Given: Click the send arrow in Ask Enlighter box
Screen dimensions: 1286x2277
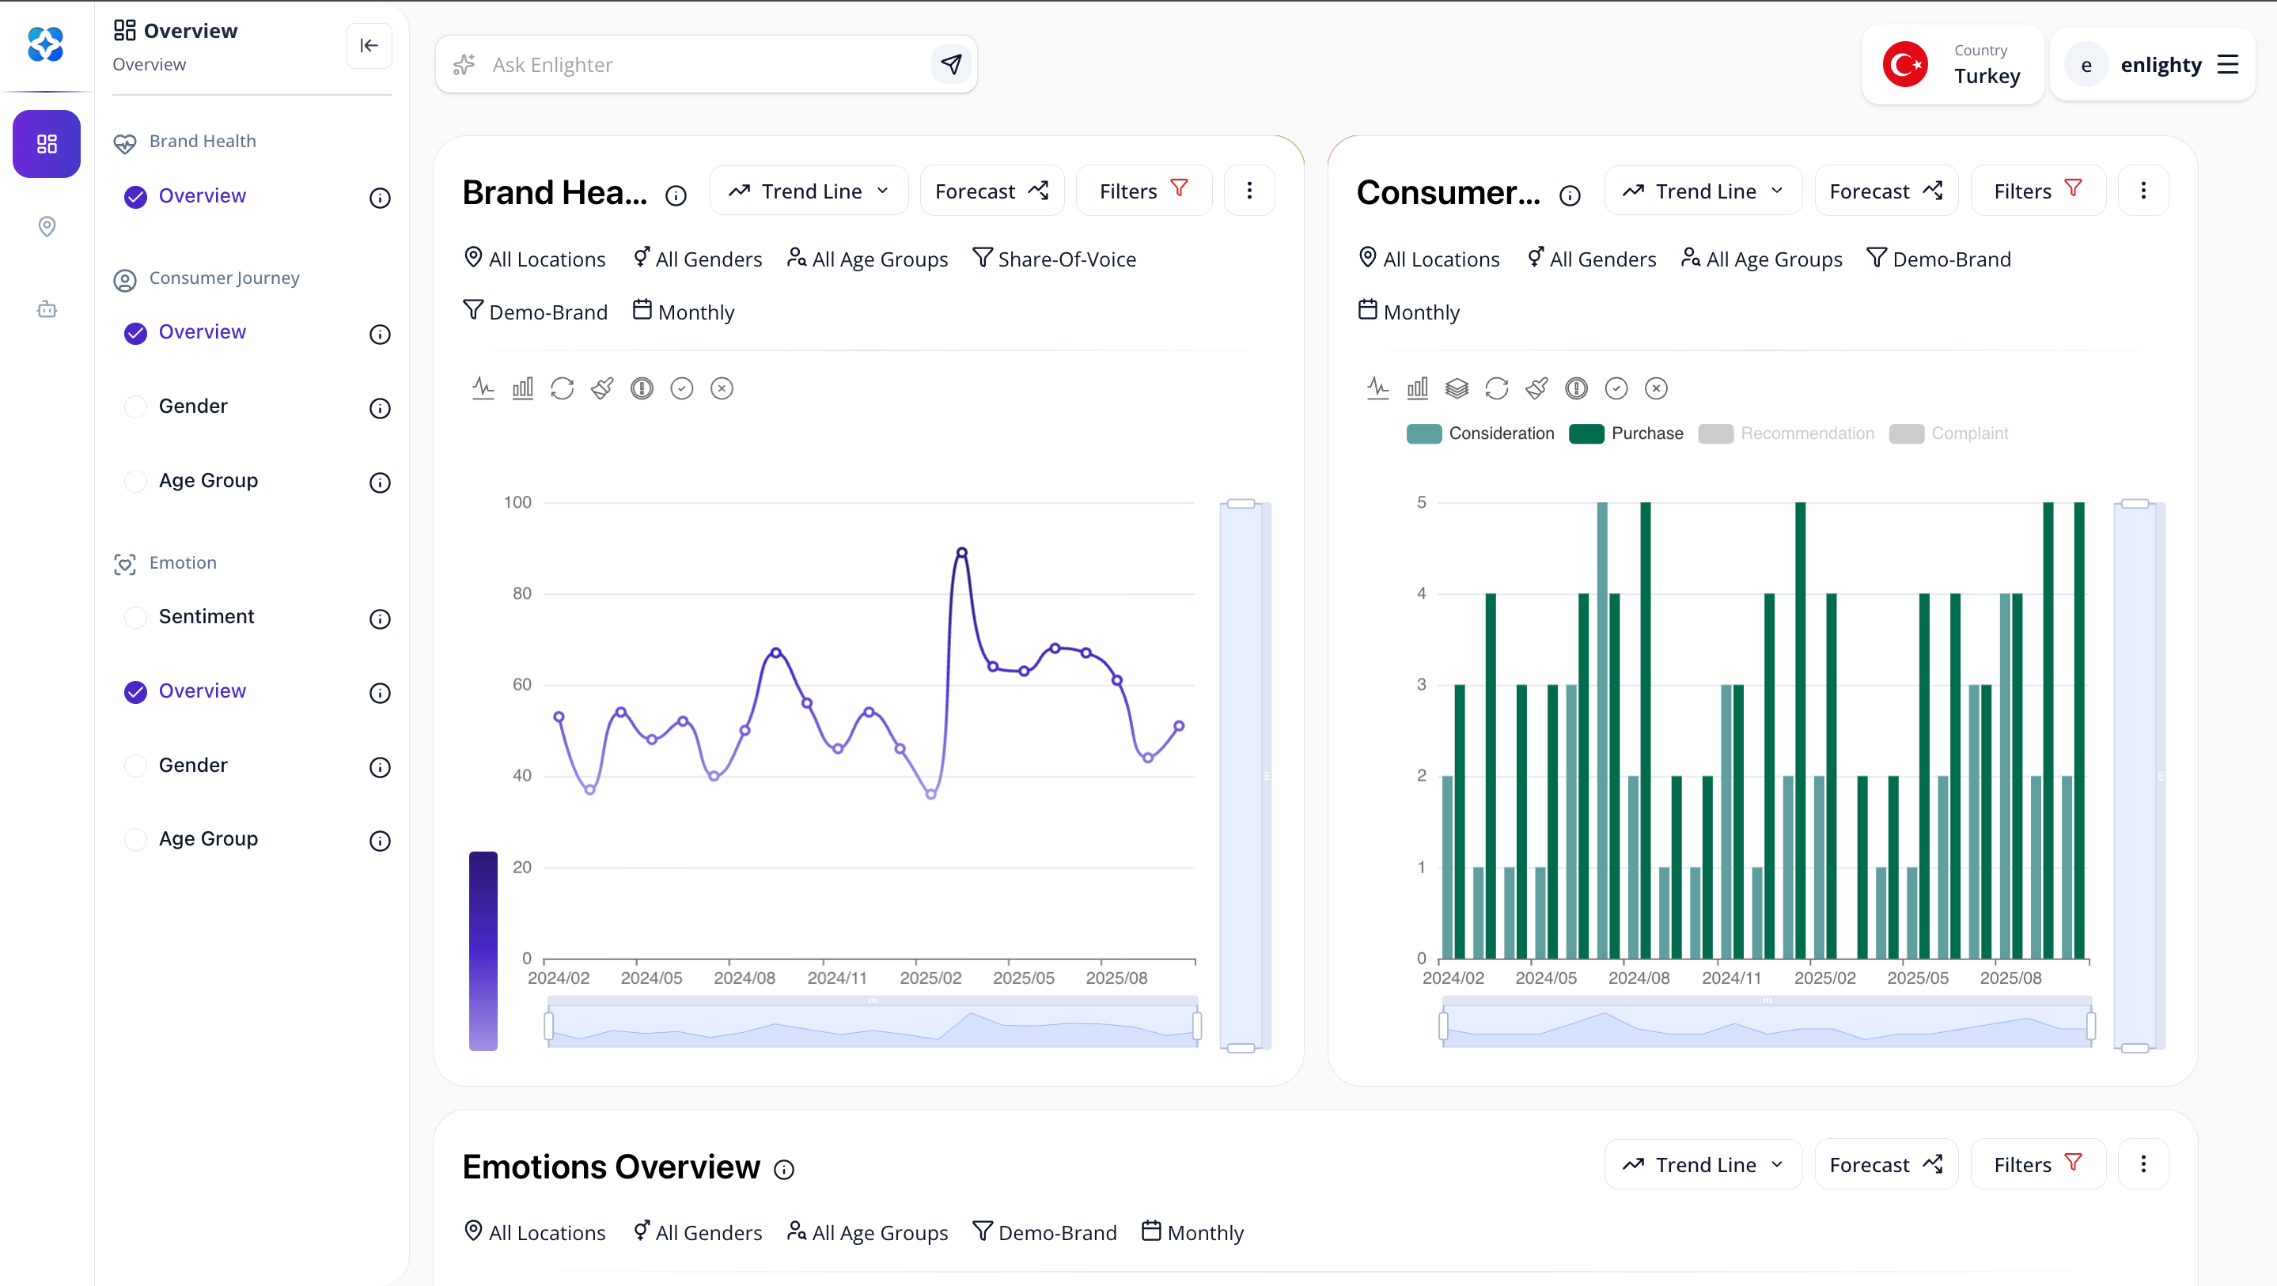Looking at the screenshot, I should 951,65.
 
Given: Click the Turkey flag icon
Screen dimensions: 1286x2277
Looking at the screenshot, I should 1904,65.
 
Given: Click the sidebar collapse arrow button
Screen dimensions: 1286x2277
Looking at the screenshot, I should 369,46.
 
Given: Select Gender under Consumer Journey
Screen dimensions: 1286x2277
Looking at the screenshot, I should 193,407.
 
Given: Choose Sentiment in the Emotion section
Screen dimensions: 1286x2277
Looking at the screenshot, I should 206,617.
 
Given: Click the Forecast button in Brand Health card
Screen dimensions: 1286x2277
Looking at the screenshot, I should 991,191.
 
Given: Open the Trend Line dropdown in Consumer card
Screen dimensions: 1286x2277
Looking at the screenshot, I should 1703,191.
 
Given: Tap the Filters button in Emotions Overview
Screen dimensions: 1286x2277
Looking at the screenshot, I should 2036,1164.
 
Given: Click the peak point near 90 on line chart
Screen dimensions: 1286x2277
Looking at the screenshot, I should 962,552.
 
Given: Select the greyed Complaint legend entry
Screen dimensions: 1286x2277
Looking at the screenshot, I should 1950,434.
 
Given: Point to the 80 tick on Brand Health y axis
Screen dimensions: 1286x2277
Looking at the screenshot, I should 521,594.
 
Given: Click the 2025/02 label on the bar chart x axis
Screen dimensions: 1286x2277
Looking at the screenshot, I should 1824,978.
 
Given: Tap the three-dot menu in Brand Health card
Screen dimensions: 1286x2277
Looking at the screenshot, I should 1249,191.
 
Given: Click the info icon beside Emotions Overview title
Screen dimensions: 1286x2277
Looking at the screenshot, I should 784,1169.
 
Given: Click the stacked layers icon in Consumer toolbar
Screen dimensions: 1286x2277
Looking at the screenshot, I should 1457,389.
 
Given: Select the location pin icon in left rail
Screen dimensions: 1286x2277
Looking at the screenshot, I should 47,227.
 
